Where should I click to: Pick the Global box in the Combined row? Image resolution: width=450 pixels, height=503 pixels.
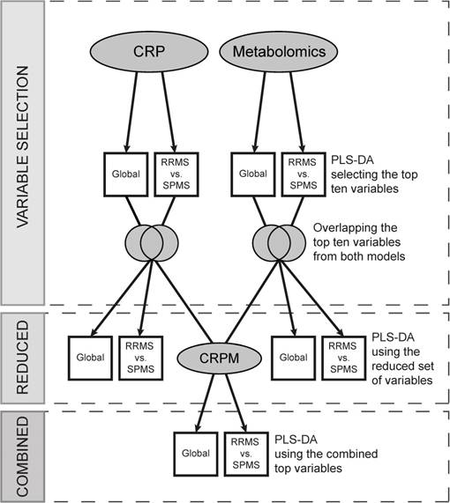tap(193, 453)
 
